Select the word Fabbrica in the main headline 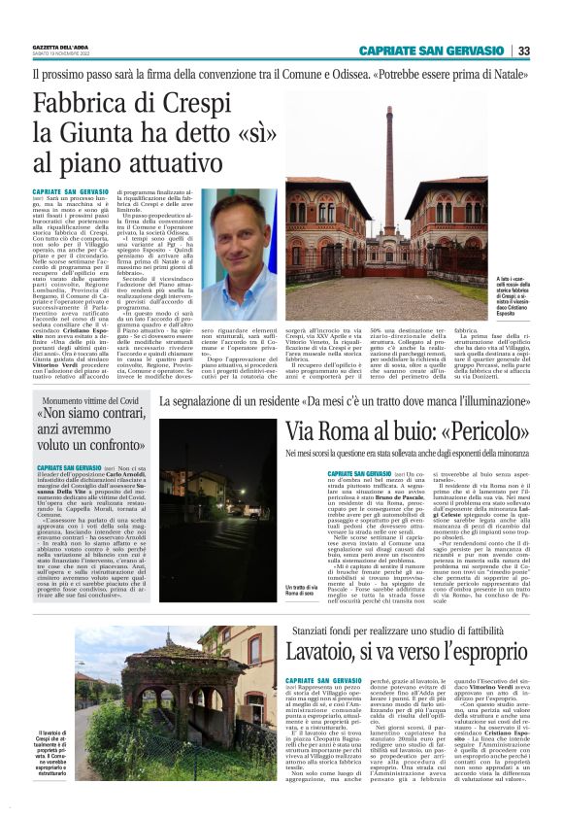92,101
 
